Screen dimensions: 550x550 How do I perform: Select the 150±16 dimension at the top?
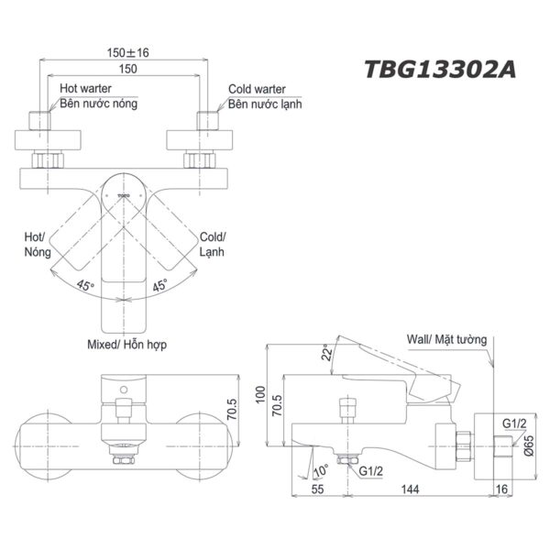tap(123, 52)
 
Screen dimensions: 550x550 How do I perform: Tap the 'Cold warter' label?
tap(257, 89)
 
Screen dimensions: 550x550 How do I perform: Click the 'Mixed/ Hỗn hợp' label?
tap(125, 344)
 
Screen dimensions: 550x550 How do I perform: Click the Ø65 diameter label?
tap(530, 435)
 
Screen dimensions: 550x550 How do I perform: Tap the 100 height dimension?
tap(261, 395)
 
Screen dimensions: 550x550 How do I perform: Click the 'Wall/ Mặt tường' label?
tap(447, 338)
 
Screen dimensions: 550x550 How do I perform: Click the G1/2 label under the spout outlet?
tap(371, 471)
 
